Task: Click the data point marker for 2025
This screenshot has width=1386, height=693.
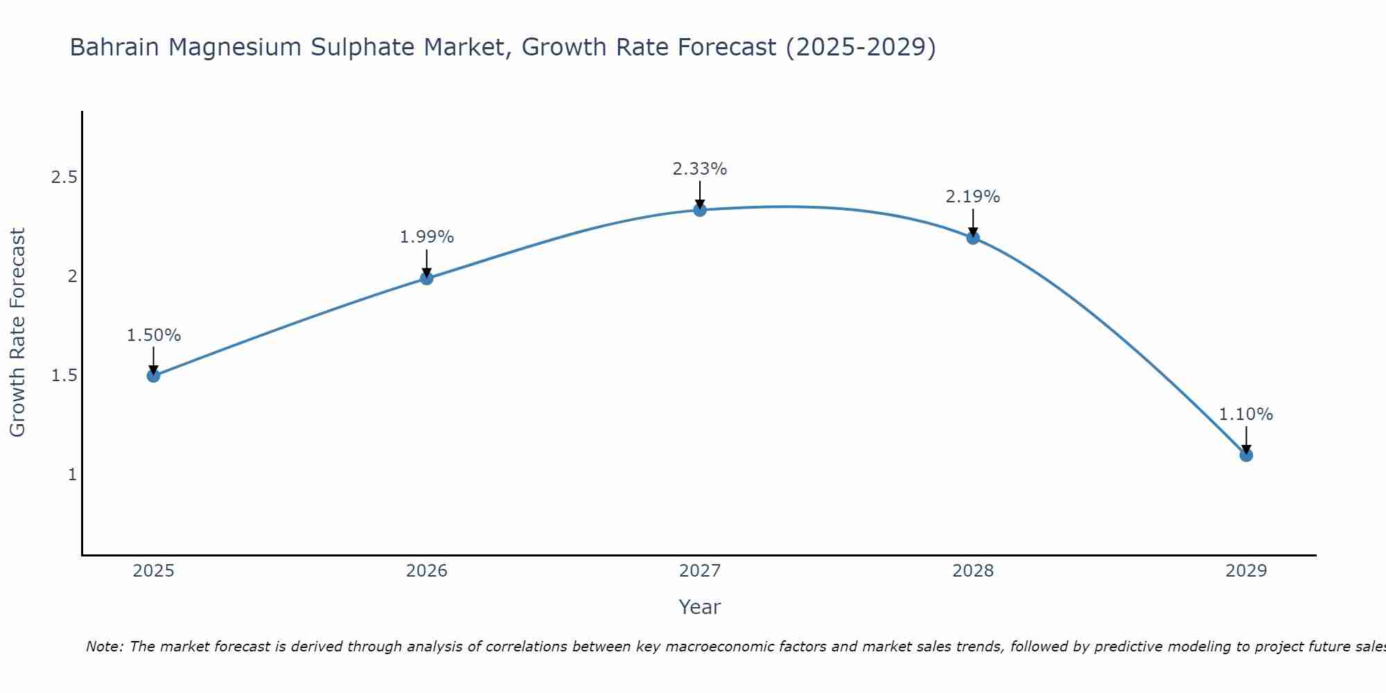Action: point(153,376)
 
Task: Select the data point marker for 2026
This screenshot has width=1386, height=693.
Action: point(426,279)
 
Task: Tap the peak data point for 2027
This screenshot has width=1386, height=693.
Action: point(700,210)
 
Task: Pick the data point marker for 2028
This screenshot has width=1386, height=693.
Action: point(973,238)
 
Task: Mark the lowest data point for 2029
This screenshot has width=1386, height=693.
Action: point(1246,455)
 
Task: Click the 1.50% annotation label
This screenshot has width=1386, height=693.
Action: point(153,335)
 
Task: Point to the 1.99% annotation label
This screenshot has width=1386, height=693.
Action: point(426,237)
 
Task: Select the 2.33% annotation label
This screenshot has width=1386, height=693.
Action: point(700,169)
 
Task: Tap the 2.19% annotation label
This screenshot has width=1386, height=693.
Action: point(973,197)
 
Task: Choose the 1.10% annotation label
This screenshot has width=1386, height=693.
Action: point(1246,414)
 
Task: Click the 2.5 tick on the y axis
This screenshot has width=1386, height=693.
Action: point(64,177)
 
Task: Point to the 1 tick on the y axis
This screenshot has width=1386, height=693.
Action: point(72,475)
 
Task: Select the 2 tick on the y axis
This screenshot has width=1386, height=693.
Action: point(72,277)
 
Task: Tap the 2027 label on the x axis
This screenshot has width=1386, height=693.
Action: point(700,571)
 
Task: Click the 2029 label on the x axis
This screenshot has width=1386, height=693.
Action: point(1246,571)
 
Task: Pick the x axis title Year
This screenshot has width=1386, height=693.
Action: point(700,607)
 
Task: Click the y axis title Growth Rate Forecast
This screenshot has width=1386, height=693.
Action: point(18,333)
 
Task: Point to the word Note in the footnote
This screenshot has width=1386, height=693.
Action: point(104,647)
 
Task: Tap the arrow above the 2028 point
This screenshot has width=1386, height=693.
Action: point(973,222)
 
